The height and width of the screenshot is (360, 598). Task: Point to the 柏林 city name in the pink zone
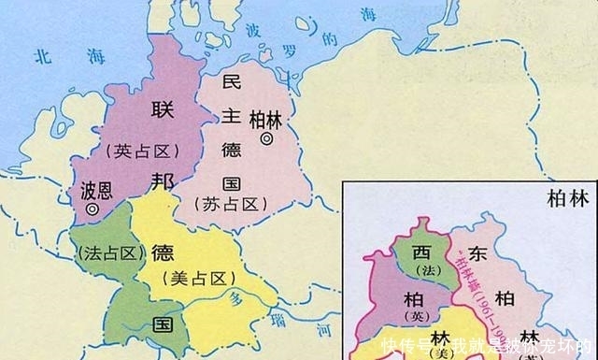click(264, 119)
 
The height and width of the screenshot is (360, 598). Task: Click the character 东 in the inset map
click(477, 252)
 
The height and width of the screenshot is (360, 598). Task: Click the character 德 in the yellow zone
click(162, 252)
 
